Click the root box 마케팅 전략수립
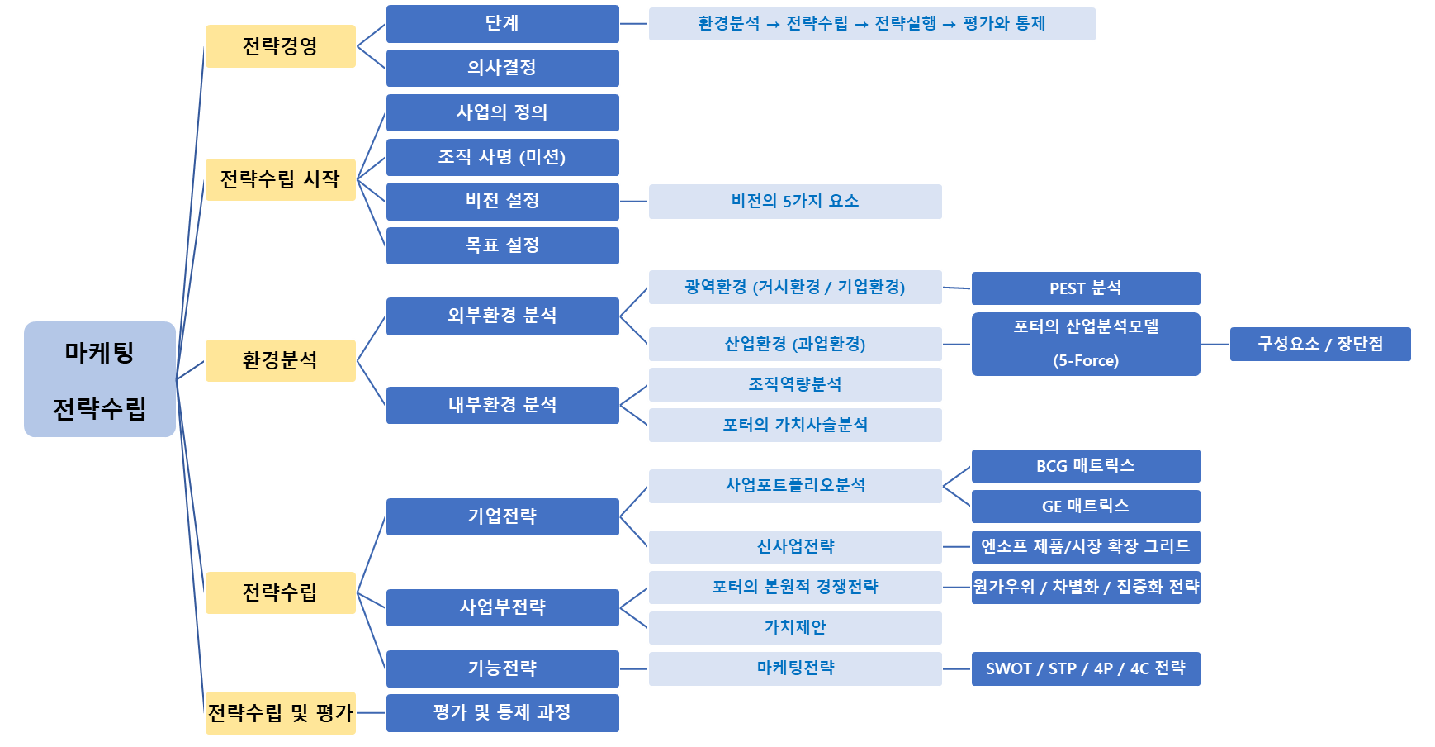(x=100, y=379)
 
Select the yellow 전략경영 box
(x=281, y=46)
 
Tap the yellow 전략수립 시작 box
(x=281, y=179)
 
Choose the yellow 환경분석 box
(x=281, y=360)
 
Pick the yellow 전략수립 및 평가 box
(x=281, y=712)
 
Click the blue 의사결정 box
(x=503, y=68)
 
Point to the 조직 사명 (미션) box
(x=503, y=157)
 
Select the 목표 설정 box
(x=503, y=245)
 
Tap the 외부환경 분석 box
(x=503, y=316)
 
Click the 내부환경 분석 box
(x=503, y=405)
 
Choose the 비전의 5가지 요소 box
(x=795, y=202)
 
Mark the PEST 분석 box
(x=1086, y=288)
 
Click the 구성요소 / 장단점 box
(x=1320, y=344)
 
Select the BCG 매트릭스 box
(x=1086, y=466)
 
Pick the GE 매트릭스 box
(x=1086, y=507)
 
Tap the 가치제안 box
(x=795, y=628)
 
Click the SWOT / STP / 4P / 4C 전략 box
(x=1086, y=668)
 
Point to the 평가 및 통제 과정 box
(x=503, y=712)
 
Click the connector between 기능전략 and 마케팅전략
(x=634, y=668)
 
